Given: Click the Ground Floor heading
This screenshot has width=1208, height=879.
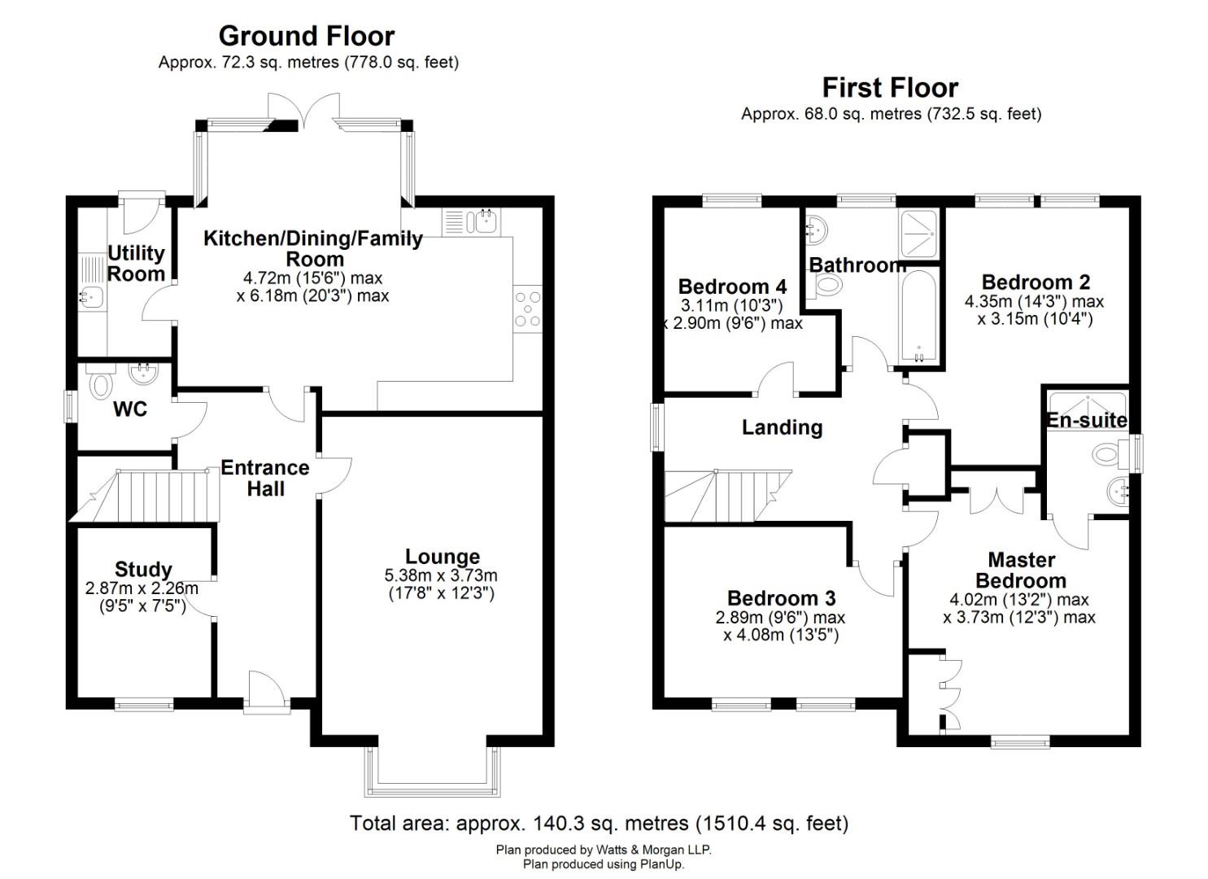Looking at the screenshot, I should click(x=307, y=36).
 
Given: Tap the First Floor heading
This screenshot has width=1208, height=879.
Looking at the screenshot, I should click(x=890, y=87).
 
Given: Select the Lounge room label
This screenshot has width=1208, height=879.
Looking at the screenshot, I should click(x=442, y=557).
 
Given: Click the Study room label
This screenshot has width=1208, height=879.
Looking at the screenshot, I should click(x=143, y=569).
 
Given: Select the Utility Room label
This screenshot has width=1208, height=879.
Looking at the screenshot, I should click(x=136, y=264).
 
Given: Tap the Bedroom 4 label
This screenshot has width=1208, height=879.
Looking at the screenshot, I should click(x=732, y=286).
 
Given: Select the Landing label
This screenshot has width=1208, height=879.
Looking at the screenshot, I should click(x=782, y=427).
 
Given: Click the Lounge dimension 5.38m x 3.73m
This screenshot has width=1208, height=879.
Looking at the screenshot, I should click(x=441, y=576).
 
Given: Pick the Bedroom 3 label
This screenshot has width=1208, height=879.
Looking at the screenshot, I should click(x=781, y=598).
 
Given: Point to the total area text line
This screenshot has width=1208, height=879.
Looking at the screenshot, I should click(x=599, y=824).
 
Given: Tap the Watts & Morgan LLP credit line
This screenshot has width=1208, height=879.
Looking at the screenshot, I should click(x=604, y=850).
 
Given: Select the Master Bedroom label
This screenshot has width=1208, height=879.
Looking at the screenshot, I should click(x=1021, y=570).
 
